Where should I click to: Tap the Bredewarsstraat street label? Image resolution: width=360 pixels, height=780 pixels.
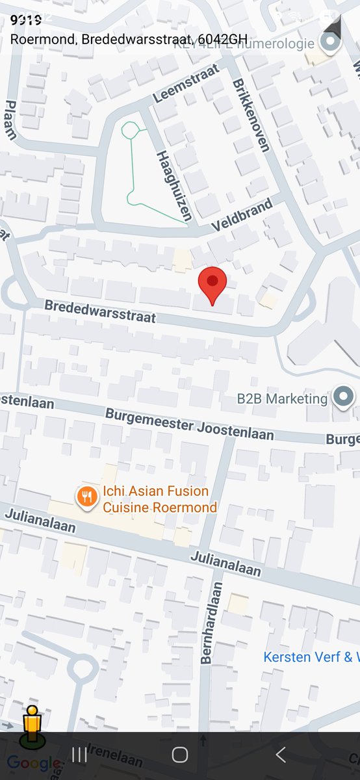tap(101, 311)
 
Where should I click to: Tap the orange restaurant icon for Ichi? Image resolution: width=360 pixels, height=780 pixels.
tap(86, 498)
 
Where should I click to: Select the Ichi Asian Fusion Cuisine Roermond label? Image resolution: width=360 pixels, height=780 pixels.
tap(159, 499)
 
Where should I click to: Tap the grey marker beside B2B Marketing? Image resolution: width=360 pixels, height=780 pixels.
tap(343, 396)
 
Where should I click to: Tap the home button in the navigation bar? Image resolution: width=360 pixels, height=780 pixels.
tap(180, 755)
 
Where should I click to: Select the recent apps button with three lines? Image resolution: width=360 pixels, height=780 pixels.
tap(79, 755)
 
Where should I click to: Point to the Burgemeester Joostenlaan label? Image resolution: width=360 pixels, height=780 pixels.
tap(189, 424)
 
